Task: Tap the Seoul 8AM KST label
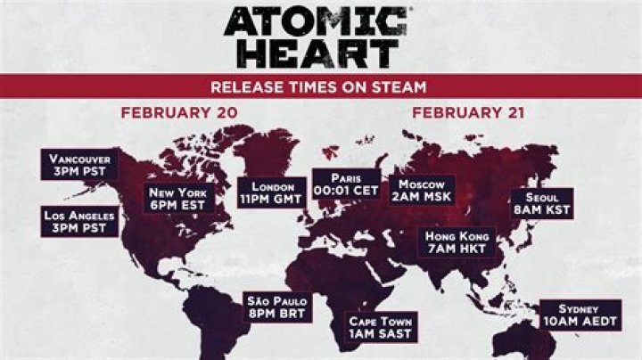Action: click(x=541, y=204)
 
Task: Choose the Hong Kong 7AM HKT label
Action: click(x=457, y=241)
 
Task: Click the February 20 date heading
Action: click(x=167, y=113)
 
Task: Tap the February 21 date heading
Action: click(x=467, y=113)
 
